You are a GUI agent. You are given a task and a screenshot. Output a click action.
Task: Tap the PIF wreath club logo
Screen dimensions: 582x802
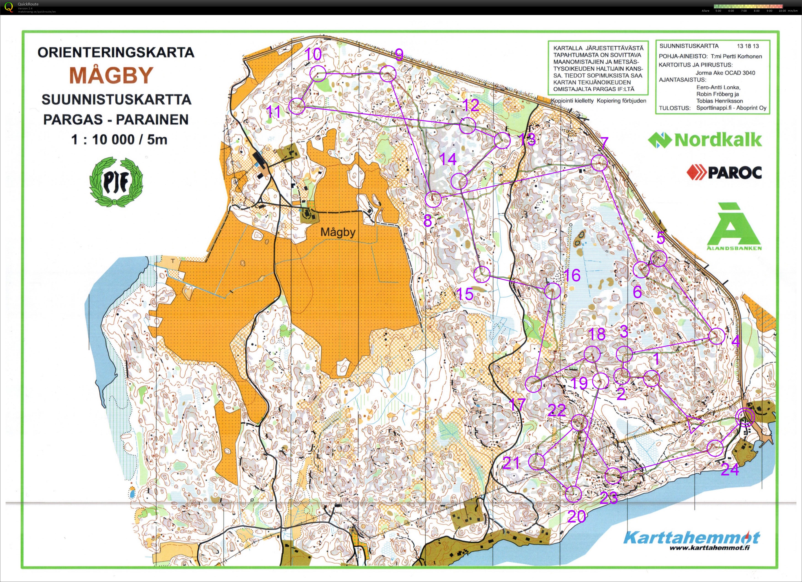click(x=116, y=182)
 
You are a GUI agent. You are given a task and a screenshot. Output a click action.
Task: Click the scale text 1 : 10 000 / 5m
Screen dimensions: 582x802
click(x=119, y=140)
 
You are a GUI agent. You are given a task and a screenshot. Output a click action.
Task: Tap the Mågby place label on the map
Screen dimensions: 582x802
click(x=338, y=232)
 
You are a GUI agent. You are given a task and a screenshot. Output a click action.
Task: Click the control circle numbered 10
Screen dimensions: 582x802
click(x=318, y=74)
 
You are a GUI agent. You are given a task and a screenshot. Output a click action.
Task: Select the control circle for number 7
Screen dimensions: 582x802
click(x=599, y=163)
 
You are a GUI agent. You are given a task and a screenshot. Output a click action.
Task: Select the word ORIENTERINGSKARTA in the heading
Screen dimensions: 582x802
click(x=116, y=52)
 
